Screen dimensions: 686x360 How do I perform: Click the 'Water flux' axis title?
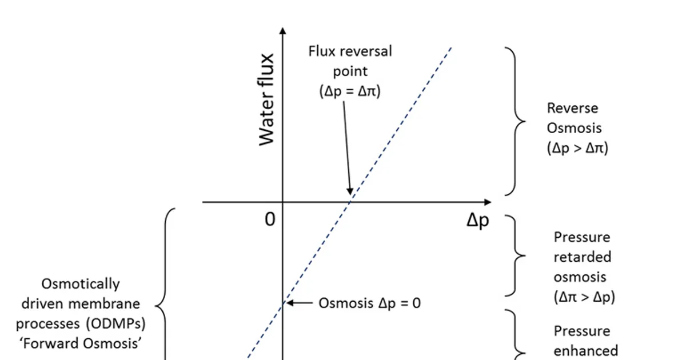266,100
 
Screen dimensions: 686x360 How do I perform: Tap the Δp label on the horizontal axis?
478,221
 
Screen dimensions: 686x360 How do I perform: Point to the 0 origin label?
270,219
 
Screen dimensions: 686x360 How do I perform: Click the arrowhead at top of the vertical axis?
283,31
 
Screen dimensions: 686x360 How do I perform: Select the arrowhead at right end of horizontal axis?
488,202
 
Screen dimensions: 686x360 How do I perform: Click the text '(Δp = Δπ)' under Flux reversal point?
350,91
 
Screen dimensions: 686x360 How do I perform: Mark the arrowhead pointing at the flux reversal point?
350,191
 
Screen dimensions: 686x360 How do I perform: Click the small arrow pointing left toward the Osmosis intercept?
299,303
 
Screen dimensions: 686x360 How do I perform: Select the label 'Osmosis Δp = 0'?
370,303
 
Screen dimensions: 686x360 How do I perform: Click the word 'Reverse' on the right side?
573,108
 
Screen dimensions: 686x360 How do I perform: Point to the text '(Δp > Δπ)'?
577,148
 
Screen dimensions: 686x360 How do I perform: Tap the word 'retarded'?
583,257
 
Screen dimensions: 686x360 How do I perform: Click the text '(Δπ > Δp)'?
584,297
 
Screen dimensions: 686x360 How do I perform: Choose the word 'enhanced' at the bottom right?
586,351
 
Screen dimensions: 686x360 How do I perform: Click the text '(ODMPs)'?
115,324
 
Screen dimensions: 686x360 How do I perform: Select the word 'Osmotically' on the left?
81,284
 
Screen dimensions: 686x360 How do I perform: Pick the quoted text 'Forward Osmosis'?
81,343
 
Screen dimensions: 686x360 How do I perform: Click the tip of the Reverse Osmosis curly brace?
525,122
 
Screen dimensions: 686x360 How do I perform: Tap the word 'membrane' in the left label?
104,303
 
